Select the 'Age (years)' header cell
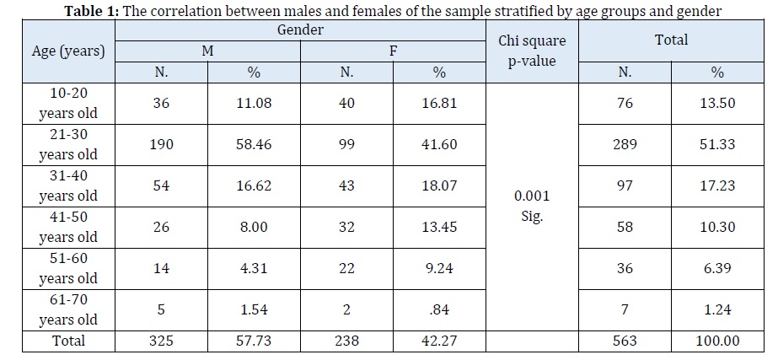68,51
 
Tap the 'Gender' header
301,30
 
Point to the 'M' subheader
207,51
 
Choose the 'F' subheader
393,51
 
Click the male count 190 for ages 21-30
162,144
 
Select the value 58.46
254,144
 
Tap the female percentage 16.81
439,103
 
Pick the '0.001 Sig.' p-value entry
532,205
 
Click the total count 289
625,144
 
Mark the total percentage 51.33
717,144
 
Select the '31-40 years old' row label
68,185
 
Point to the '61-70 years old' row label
68,309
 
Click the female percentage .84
439,309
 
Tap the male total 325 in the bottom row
162,341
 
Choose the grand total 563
625,341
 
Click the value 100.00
717,341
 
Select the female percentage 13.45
439,227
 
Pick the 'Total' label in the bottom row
68,341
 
